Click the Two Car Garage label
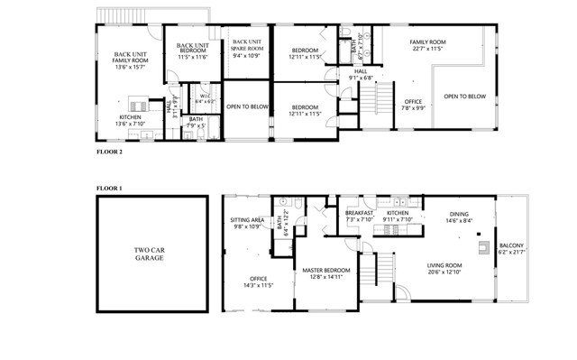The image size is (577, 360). pos(146,254)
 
